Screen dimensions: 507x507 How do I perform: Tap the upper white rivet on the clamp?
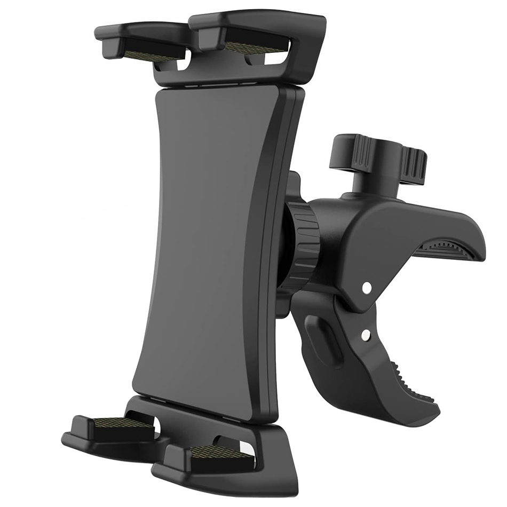(366, 288)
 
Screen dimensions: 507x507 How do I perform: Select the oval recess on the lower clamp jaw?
(327, 340)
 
